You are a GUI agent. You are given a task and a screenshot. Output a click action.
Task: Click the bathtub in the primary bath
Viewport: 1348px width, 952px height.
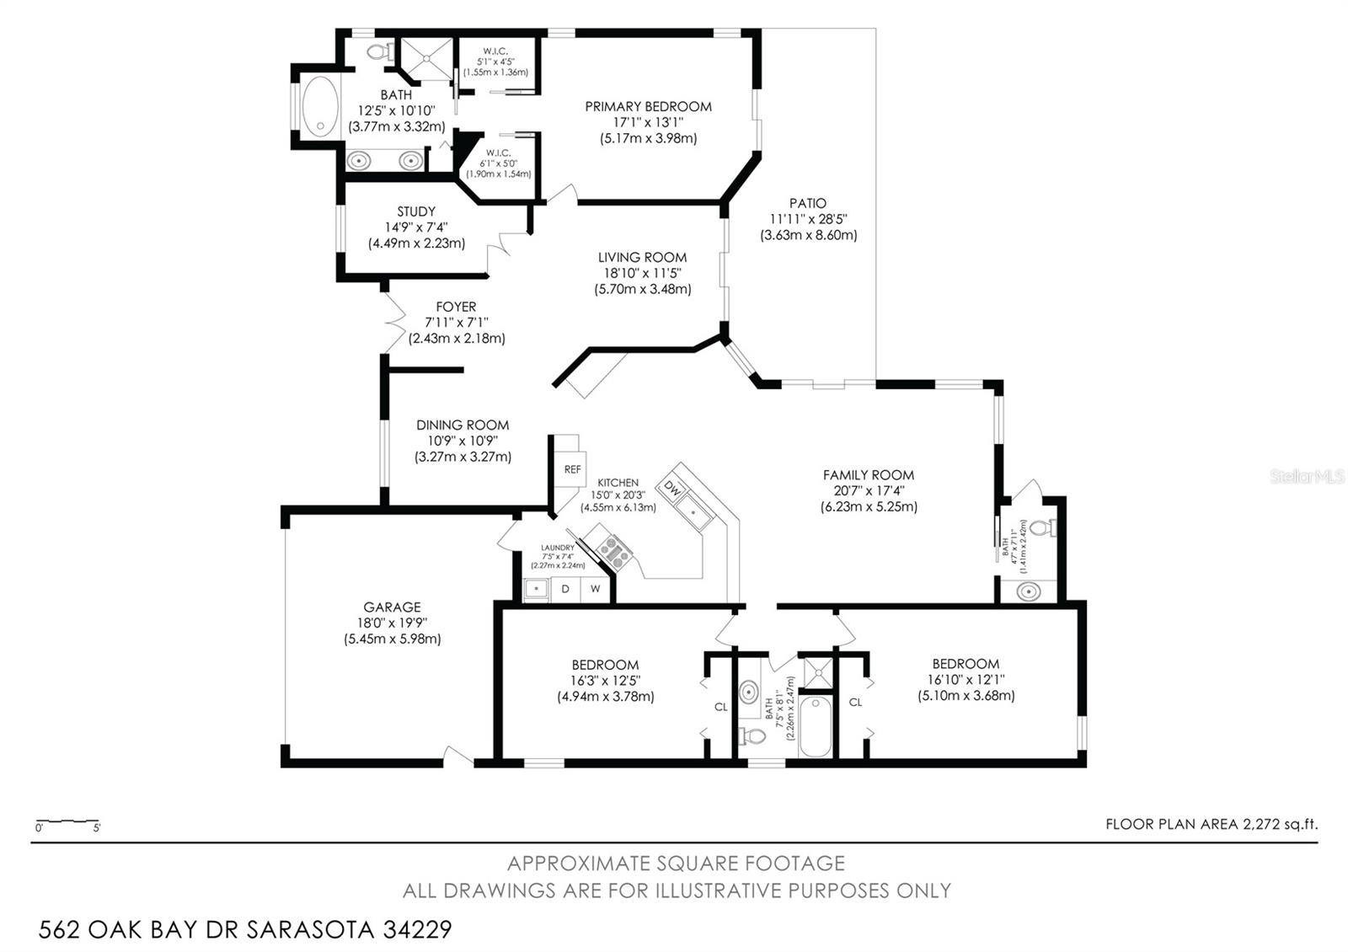click(318, 106)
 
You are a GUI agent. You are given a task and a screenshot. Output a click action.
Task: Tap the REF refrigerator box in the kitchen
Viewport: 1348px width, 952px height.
click(572, 469)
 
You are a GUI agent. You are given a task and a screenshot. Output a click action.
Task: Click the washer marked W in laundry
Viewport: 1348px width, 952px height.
click(595, 589)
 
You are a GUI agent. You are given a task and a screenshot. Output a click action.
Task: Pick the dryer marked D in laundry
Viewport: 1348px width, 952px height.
click(565, 589)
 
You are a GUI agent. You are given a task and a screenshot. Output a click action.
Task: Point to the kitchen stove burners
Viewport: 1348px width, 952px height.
click(615, 550)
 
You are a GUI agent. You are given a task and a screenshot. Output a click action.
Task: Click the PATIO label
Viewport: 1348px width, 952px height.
click(808, 203)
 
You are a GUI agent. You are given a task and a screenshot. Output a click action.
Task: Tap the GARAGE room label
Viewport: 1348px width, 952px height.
click(392, 607)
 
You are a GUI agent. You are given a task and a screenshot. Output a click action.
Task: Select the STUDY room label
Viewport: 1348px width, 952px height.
click(416, 211)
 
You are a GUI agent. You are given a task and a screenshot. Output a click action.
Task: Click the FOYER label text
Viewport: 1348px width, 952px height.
click(456, 307)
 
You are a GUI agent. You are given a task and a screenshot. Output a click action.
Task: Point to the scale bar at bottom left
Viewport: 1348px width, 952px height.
click(67, 822)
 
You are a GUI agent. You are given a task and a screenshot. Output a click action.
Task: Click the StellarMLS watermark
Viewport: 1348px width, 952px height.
click(1307, 477)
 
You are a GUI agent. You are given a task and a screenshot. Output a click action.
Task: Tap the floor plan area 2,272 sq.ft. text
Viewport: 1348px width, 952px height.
click(1212, 824)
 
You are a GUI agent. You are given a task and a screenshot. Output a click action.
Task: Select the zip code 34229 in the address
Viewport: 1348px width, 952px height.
click(417, 930)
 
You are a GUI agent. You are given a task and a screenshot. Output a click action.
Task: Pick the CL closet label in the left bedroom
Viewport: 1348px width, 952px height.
click(720, 707)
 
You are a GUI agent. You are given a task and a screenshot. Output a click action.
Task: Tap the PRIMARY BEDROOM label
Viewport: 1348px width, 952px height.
click(648, 106)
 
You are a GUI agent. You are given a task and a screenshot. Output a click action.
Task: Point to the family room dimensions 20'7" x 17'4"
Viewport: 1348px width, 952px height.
click(869, 490)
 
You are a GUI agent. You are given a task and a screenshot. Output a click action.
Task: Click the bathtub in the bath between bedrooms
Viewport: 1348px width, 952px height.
click(815, 725)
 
